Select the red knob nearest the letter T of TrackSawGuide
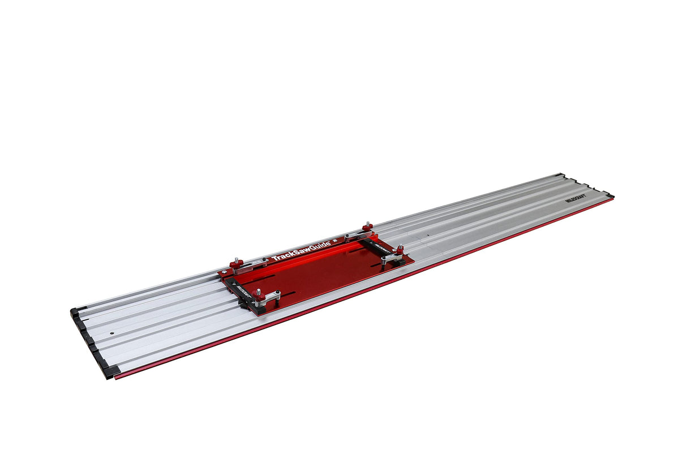click(x=236, y=263)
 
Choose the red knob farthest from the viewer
click(x=367, y=228)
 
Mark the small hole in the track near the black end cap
click(x=112, y=333)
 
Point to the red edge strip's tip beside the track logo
click(x=612, y=196)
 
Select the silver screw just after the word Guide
click(x=334, y=241)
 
